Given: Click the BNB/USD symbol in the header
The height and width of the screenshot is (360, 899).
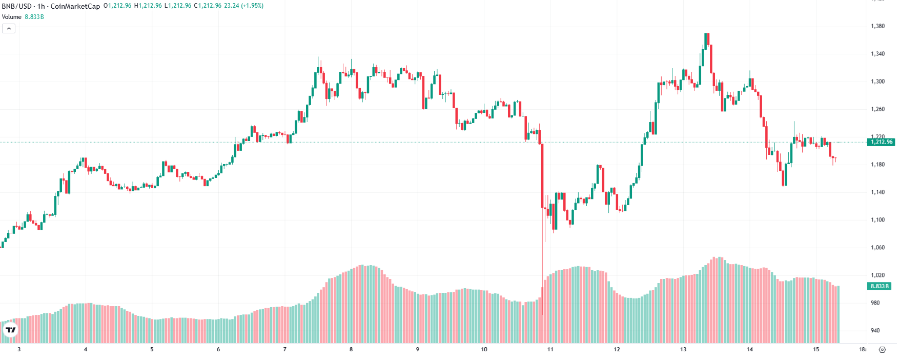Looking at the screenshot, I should pyautogui.click(x=17, y=6).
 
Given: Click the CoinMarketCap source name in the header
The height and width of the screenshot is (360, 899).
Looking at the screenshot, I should pyautogui.click(x=75, y=6).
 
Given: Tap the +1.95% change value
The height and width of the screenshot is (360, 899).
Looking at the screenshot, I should pyautogui.click(x=252, y=6).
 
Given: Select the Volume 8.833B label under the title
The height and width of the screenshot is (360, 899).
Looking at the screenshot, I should pyautogui.click(x=23, y=17).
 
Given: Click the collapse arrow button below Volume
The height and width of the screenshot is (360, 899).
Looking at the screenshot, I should pyautogui.click(x=9, y=29).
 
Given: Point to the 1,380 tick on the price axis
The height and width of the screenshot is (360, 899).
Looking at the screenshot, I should pyautogui.click(x=877, y=26).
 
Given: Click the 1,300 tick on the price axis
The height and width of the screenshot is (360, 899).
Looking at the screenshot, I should pyautogui.click(x=877, y=82).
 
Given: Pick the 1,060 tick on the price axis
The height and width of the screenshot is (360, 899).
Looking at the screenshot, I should pyautogui.click(x=877, y=248).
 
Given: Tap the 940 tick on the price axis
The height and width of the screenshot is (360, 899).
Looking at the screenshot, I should pyautogui.click(x=875, y=331).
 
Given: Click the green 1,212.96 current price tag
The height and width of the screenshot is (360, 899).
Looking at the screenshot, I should pyautogui.click(x=882, y=142).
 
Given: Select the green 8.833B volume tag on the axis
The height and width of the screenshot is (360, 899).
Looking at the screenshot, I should pyautogui.click(x=880, y=286).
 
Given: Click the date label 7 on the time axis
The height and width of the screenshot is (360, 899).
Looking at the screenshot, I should pyautogui.click(x=285, y=350).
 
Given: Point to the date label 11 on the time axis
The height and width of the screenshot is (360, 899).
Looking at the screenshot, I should pyautogui.click(x=550, y=350).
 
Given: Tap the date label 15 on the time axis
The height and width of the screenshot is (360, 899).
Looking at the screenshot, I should pyautogui.click(x=816, y=350).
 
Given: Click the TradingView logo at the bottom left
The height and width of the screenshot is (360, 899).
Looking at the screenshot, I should pyautogui.click(x=10, y=330).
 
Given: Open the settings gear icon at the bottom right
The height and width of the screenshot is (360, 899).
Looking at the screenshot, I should pyautogui.click(x=882, y=350).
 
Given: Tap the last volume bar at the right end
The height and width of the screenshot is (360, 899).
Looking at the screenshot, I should pyautogui.click(x=837, y=314).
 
